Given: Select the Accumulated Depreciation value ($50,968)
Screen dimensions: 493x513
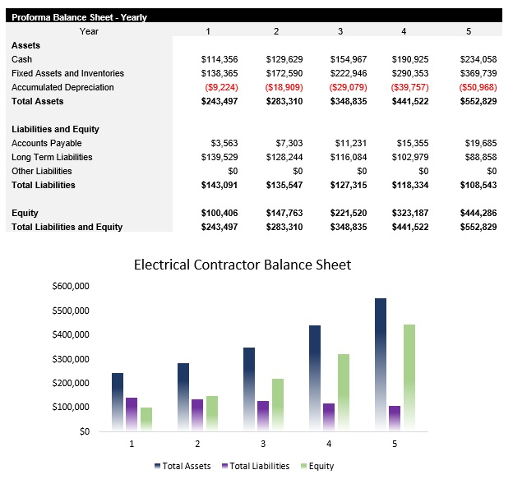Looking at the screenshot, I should click(x=477, y=87).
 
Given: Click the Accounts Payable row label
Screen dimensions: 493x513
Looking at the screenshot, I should click(x=47, y=143).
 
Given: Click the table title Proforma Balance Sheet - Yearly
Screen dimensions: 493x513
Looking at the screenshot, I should click(x=79, y=16).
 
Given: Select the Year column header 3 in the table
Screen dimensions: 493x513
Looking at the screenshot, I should click(x=340, y=31).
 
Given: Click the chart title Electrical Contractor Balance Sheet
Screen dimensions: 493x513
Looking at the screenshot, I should click(x=242, y=265).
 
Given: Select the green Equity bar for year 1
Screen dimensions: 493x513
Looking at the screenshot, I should click(x=146, y=418).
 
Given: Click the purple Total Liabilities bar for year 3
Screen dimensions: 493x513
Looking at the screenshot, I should click(x=263, y=415).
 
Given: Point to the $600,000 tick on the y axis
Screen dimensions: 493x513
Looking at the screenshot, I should click(x=70, y=287).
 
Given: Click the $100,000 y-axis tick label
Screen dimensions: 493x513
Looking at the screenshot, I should click(x=70, y=407).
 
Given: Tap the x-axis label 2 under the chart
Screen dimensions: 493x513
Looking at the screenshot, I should click(x=197, y=444).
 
